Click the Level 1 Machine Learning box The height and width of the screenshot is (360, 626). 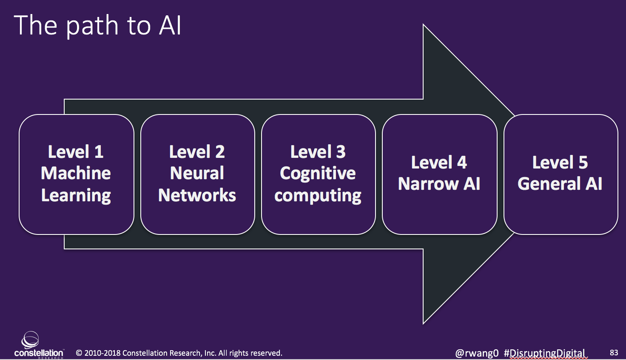point(76,174)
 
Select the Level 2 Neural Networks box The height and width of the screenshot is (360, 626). point(198,174)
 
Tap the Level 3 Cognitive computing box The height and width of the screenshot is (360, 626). point(318,174)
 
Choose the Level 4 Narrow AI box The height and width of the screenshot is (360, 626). point(439,174)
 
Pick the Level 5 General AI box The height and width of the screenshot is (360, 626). point(561,174)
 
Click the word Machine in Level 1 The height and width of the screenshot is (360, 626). point(76,173)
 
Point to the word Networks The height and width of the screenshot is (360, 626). point(197,195)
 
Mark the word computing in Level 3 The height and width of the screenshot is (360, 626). point(318,196)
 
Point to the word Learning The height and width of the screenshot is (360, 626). point(76,196)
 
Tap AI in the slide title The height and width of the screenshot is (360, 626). point(170,26)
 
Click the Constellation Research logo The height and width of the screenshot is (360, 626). point(39,345)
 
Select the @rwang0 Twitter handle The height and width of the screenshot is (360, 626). point(477,353)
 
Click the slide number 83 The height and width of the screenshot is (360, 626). point(614,352)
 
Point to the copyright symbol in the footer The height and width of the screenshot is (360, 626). point(79,353)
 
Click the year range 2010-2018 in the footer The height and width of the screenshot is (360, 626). point(102,353)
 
